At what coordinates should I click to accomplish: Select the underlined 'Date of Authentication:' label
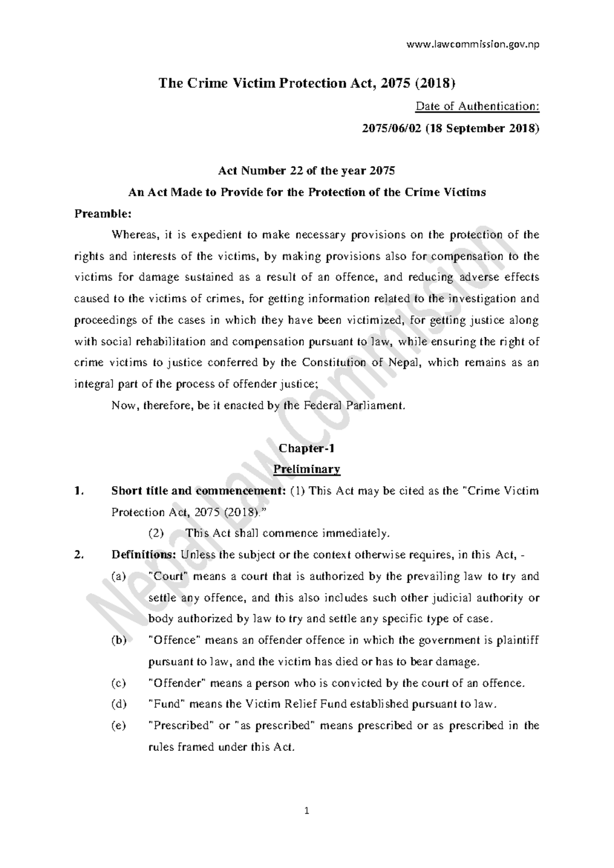[x=477, y=106]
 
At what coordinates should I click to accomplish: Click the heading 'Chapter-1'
[x=306, y=448]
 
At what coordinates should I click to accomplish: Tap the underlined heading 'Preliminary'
[x=306, y=469]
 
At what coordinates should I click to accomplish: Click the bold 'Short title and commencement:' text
[x=198, y=491]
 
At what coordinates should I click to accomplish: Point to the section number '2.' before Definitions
[x=78, y=555]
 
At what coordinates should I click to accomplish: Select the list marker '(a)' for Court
[x=118, y=576]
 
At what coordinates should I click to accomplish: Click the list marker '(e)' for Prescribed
[x=118, y=726]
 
